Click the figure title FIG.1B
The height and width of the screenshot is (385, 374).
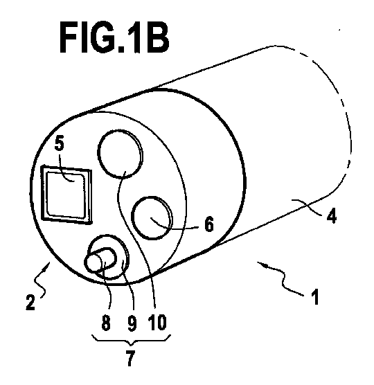114,37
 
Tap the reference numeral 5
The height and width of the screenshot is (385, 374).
59,143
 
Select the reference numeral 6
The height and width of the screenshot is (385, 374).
209,224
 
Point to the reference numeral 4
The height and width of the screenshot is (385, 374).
331,216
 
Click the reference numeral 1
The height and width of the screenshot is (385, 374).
315,296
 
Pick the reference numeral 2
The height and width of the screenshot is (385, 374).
30,303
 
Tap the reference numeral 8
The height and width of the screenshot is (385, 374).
106,323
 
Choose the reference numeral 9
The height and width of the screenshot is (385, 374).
132,323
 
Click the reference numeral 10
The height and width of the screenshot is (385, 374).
158,322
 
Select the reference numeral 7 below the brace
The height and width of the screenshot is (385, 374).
130,358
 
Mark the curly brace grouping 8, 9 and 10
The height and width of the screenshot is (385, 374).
131,341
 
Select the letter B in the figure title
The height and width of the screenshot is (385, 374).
158,37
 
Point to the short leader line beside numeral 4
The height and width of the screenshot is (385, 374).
307,206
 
